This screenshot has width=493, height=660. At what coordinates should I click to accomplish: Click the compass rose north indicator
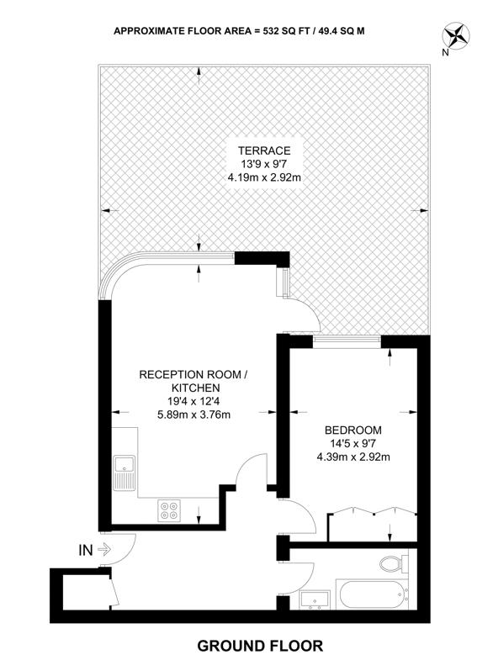(x=457, y=35)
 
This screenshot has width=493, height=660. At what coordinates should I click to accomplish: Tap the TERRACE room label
(x=264, y=150)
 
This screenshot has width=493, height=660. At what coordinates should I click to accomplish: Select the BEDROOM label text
(x=353, y=430)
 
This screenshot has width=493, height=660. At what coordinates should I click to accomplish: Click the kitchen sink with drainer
(x=124, y=473)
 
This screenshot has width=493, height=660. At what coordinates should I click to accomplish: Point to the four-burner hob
(x=169, y=510)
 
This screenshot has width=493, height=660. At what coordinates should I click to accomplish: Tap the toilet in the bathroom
(x=394, y=563)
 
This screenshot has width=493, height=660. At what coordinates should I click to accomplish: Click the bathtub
(x=371, y=594)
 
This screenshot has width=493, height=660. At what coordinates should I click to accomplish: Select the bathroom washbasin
(x=315, y=599)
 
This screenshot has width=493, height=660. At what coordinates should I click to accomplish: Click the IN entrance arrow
(x=104, y=549)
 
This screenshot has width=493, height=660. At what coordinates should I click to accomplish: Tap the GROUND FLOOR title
(x=260, y=645)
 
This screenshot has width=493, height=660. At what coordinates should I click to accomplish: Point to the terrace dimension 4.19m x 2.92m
(x=264, y=177)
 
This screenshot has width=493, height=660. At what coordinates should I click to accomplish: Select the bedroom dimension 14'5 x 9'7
(x=353, y=443)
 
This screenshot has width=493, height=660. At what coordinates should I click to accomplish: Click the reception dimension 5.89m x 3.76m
(x=193, y=414)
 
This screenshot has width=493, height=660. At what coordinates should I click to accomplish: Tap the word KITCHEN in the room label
(x=195, y=388)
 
